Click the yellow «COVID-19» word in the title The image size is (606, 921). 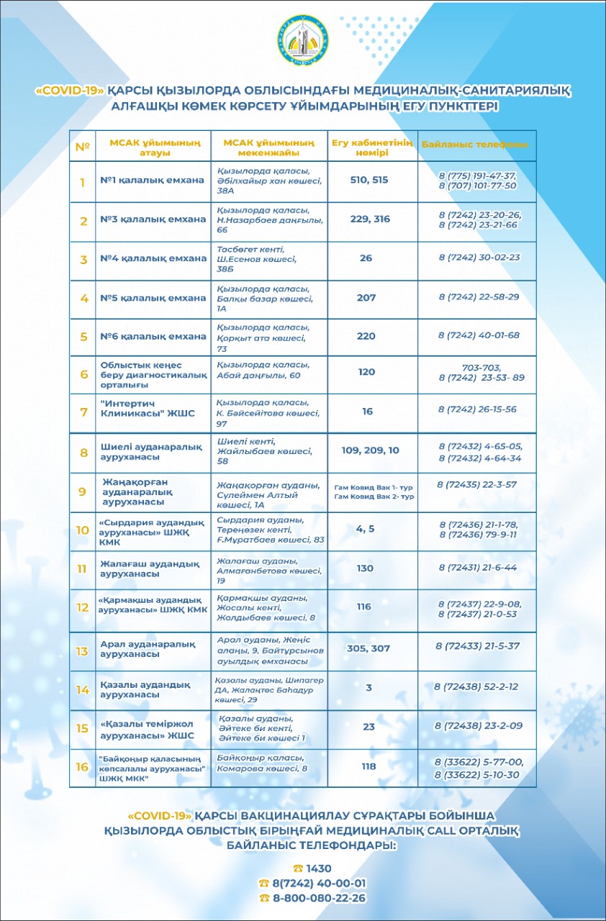70,91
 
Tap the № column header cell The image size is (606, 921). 82,146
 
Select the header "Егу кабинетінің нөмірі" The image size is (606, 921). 371,146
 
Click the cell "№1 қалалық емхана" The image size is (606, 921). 153,180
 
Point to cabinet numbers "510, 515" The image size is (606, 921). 368,180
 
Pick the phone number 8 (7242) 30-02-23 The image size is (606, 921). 479,257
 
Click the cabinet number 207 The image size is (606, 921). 366,297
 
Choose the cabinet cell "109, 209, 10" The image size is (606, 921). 371,450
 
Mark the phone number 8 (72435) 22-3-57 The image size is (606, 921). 476,484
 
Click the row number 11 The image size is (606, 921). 83,568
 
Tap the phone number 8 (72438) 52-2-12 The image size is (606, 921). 477,688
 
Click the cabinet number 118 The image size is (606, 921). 368,766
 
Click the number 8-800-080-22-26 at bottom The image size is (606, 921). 317,898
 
